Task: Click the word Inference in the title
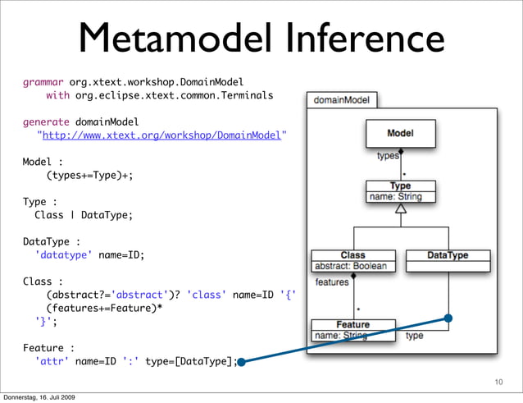pyautogui.click(x=357, y=39)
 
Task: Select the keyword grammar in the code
pyautogui.click(x=43, y=82)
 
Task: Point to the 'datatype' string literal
pyautogui.click(x=64, y=254)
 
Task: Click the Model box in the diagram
pyautogui.click(x=400, y=133)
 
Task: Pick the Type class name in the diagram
pyautogui.click(x=400, y=186)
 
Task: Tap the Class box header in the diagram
pyautogui.click(x=352, y=255)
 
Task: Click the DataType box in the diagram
pyautogui.click(x=448, y=255)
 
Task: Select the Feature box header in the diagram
pyautogui.click(x=352, y=324)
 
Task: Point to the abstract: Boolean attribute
pyautogui.click(x=351, y=266)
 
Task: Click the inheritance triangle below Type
pyautogui.click(x=401, y=208)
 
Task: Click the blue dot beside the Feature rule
pyautogui.click(x=242, y=361)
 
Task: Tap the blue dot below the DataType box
pyautogui.click(x=448, y=318)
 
